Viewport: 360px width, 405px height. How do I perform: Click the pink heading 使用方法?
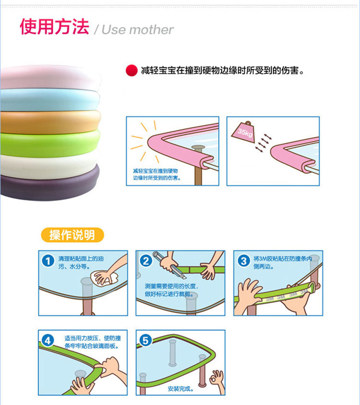click(x=55, y=26)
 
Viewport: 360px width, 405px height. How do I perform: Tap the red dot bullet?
click(x=132, y=70)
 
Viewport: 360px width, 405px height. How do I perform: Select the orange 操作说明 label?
click(x=72, y=235)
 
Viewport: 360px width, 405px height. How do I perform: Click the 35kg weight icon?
click(x=243, y=132)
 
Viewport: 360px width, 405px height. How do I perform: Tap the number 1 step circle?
click(x=48, y=261)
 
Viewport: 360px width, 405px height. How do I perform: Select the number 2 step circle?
click(x=146, y=261)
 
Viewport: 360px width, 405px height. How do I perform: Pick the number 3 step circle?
click(x=244, y=261)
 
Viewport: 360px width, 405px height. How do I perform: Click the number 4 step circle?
click(x=48, y=341)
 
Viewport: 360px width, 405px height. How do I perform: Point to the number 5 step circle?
click(x=145, y=341)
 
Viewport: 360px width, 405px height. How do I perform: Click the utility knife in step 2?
click(x=169, y=265)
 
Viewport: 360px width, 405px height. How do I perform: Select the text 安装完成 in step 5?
click(x=180, y=389)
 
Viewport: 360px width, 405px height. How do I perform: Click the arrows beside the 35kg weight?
click(x=263, y=143)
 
